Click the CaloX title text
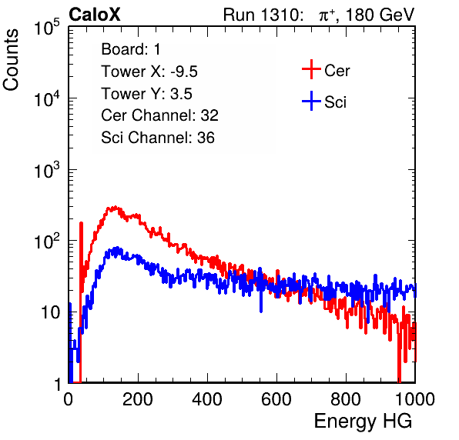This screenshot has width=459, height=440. [94, 14]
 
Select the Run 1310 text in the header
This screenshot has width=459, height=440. [261, 15]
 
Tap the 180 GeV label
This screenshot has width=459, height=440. [380, 15]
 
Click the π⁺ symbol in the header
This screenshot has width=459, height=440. [327, 15]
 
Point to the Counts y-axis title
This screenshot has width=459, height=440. [11, 60]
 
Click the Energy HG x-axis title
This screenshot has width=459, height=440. [363, 422]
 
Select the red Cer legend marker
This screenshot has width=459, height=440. [311, 69]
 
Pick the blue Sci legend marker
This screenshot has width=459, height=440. [311, 102]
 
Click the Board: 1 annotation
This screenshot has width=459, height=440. [131, 49]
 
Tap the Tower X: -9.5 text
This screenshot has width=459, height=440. [149, 72]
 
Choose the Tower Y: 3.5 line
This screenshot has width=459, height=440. [146, 94]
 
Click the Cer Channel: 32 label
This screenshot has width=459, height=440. [160, 115]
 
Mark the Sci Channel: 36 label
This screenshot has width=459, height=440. [158, 138]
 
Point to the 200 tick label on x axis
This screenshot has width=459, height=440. [138, 399]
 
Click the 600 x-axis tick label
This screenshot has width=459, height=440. [276, 399]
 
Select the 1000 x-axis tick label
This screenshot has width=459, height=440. [415, 399]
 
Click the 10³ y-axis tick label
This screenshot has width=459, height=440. [47, 170]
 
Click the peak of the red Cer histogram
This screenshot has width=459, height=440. [116, 207]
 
